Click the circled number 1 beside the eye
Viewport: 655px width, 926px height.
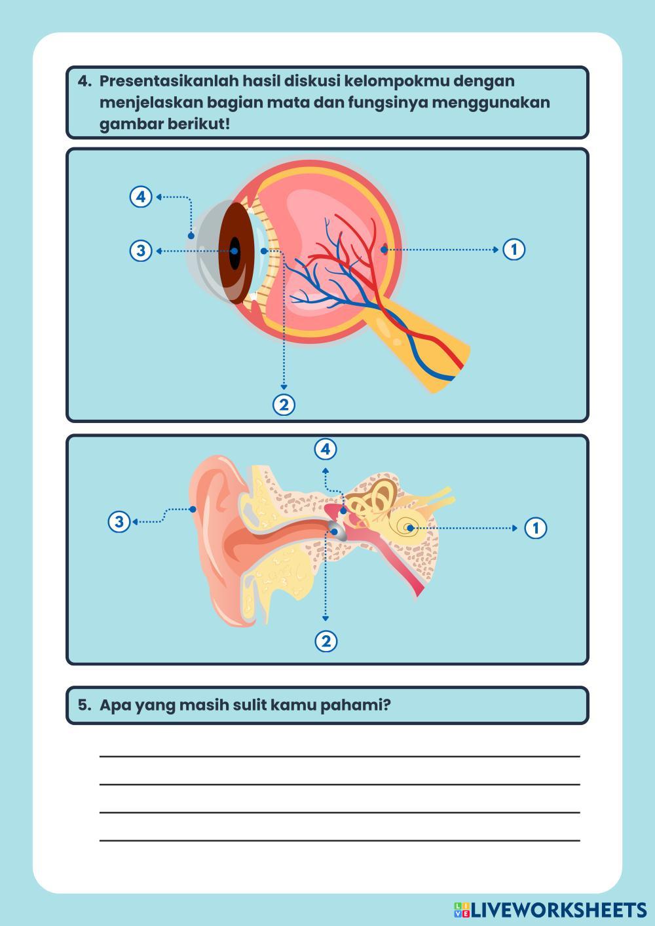[x=514, y=250]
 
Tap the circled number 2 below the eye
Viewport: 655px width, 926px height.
[x=284, y=405]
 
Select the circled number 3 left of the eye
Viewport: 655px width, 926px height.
[x=141, y=251]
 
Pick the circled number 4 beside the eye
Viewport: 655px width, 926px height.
[x=141, y=196]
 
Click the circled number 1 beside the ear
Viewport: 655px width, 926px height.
[x=536, y=528]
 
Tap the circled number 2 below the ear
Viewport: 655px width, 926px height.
[x=326, y=640]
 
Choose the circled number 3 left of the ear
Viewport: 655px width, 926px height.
[x=119, y=522]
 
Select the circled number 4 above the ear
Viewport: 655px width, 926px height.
[x=326, y=449]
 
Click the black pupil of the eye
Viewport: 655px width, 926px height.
[x=234, y=251]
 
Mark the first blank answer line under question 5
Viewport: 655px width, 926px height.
[x=339, y=756]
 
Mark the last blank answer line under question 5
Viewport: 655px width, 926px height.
[x=339, y=840]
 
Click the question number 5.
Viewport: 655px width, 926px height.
[x=84, y=705]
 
